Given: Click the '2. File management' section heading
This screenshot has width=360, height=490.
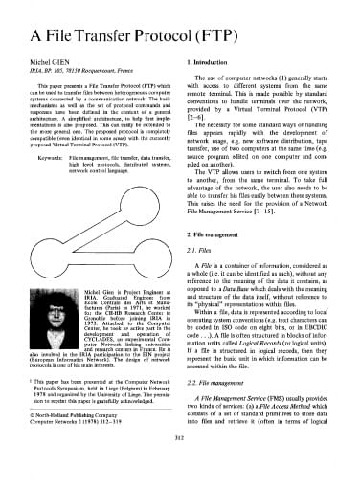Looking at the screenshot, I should (x=213, y=235).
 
